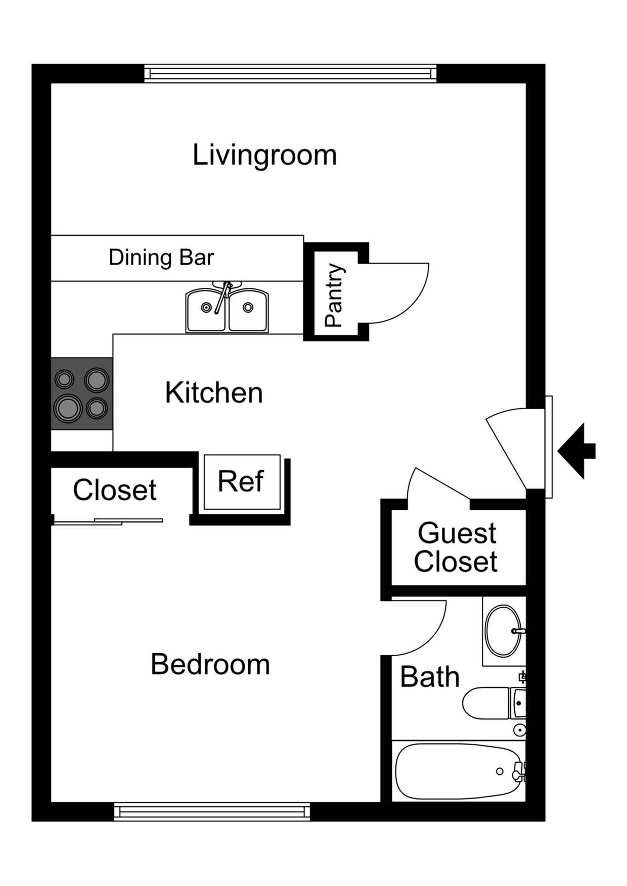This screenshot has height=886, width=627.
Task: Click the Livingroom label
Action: pos(264,155)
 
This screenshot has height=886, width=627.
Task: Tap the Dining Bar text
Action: pos(161,258)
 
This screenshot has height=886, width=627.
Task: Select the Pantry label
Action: pos(334,295)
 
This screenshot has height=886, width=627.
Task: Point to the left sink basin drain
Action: pos(206,307)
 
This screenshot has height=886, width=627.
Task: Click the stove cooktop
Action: pos(81,393)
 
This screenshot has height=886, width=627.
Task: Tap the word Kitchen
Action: pos(214,393)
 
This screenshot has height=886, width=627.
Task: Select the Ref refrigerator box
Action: pos(241,481)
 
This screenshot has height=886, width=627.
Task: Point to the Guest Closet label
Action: pos(456,548)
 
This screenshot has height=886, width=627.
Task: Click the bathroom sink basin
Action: pos(502,630)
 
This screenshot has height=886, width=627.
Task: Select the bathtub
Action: pos(458,771)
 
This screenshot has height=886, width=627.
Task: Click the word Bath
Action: pos(429,677)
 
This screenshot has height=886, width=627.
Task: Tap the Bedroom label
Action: pos(210,664)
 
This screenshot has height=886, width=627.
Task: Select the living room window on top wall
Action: pos(290,74)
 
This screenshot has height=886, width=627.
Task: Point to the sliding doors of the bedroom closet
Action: pos(107,522)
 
